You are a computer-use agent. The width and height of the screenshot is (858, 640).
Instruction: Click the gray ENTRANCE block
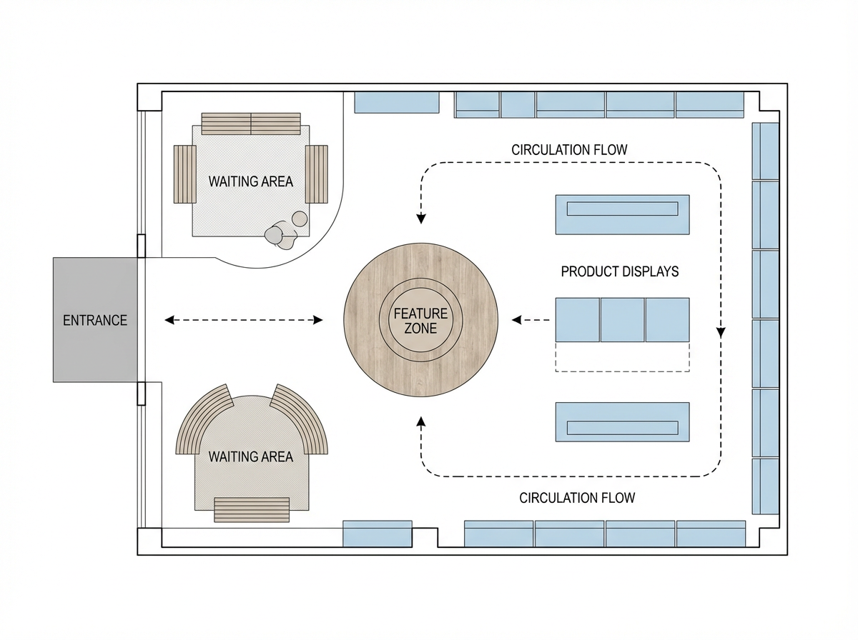(94, 320)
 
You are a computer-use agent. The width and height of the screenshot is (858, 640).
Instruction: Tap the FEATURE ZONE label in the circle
(420, 321)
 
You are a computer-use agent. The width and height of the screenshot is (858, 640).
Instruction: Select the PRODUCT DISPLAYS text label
(620, 271)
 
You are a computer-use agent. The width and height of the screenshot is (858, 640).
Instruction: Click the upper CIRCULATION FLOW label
(569, 150)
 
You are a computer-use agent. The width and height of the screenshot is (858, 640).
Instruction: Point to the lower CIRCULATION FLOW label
(577, 497)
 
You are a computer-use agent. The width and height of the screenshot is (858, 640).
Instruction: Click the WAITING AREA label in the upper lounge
(250, 181)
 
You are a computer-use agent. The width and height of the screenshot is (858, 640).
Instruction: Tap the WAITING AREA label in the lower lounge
(250, 456)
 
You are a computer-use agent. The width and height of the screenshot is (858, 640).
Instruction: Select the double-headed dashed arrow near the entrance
(244, 320)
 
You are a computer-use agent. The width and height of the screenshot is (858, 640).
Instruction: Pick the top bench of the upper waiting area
(251, 124)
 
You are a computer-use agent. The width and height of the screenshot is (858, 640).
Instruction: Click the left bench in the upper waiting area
(184, 174)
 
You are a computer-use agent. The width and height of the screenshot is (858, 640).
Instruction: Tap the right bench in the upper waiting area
(316, 174)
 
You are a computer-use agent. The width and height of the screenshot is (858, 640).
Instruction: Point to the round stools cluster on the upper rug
(285, 231)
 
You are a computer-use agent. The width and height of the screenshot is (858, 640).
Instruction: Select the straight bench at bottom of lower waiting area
(252, 510)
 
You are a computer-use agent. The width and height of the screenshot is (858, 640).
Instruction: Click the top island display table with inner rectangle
(622, 214)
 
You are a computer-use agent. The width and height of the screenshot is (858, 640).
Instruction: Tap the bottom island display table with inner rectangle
(622, 422)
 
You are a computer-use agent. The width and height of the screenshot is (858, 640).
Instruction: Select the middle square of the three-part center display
(622, 320)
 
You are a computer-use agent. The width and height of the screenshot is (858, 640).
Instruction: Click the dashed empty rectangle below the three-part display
(622, 357)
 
